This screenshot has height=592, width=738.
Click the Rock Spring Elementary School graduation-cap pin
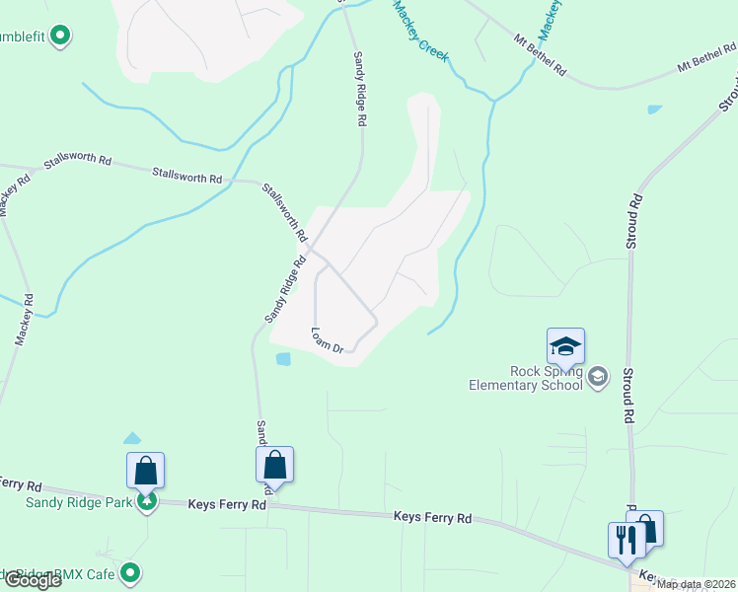(565, 346)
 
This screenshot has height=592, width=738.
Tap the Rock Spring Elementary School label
(529, 378)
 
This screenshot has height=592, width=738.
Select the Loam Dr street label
(327, 340)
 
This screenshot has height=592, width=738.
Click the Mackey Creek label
(420, 33)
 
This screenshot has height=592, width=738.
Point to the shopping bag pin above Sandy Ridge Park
(145, 471)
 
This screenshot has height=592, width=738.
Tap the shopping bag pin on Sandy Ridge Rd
(275, 465)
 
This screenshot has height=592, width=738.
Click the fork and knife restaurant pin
(626, 541)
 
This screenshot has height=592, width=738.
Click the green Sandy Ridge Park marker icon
(146, 502)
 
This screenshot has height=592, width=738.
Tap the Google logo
(32, 580)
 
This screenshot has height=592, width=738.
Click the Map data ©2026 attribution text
(697, 584)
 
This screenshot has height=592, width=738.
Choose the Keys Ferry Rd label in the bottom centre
(432, 516)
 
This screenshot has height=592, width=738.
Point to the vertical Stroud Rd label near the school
(627, 396)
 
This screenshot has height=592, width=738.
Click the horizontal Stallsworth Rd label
(186, 177)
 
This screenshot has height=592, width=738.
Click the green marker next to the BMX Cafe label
(130, 572)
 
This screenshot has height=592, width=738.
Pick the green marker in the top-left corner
(60, 37)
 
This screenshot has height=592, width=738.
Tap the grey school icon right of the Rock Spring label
(597, 376)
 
